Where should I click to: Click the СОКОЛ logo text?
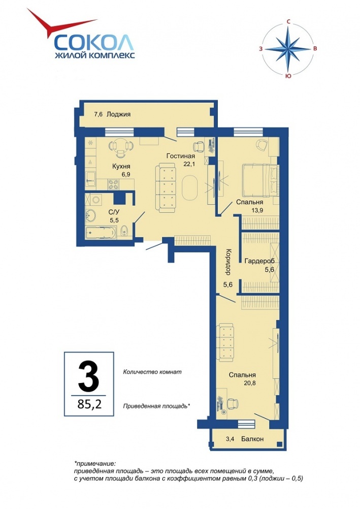point(93,42)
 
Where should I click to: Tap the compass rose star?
point(288,49)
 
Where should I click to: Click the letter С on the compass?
point(288,22)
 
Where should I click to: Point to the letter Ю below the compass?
point(287,76)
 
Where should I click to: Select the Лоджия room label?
point(118,114)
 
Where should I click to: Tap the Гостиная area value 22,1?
point(189,164)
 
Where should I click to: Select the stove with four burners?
point(113,184)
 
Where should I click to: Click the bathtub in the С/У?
point(101,233)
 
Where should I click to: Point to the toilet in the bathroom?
point(124,232)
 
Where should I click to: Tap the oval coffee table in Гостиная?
point(189,188)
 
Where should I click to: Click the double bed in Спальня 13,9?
point(260,180)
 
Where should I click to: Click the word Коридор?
point(228,261)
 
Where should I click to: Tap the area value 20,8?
point(250,383)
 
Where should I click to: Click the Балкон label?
point(252,439)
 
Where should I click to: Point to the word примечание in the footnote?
point(96,463)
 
